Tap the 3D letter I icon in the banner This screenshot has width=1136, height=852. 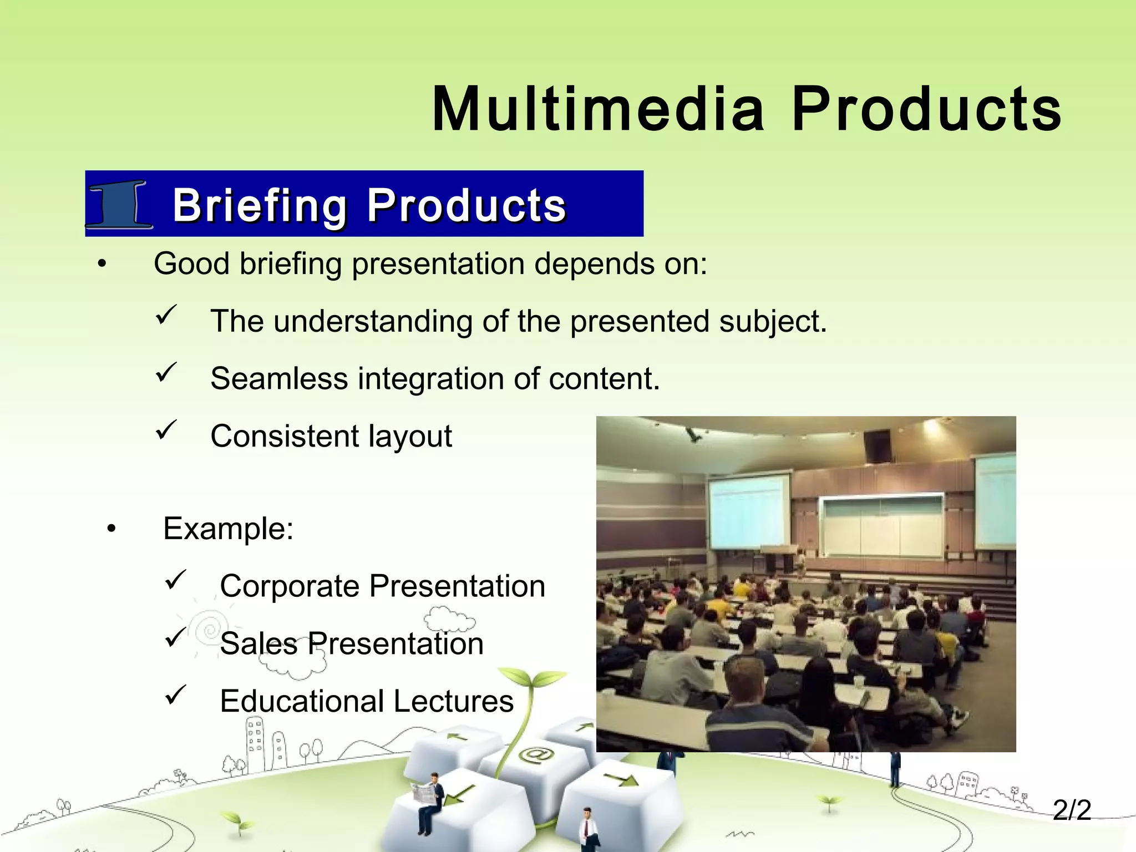(120, 204)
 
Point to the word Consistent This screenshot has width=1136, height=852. (283, 436)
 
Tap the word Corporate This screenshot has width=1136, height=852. (290, 586)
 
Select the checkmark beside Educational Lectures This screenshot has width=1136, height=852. (175, 694)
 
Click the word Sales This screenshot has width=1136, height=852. (258, 644)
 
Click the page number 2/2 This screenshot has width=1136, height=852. (1072, 810)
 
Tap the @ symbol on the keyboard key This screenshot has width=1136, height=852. (535, 755)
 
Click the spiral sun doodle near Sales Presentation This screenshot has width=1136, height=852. (210, 630)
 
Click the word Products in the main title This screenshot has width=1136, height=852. (925, 109)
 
